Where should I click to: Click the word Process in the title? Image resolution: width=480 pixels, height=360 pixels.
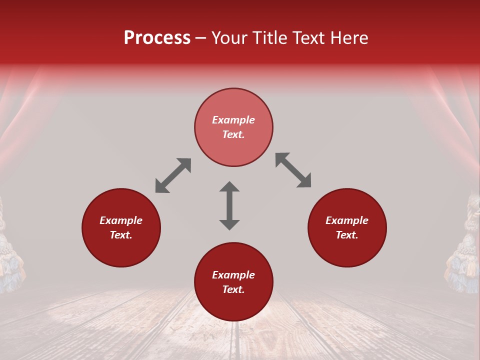[x=157, y=38]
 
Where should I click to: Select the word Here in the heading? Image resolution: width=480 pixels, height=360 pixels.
[x=348, y=38]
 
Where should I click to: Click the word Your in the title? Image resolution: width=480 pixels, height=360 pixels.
[x=231, y=38]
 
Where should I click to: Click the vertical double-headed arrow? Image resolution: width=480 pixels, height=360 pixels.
[x=229, y=205]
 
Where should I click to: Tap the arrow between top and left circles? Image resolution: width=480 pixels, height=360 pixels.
[x=173, y=175]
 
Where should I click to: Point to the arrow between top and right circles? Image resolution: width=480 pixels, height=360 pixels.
[x=293, y=170]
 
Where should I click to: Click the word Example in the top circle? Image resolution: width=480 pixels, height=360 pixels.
[x=233, y=120]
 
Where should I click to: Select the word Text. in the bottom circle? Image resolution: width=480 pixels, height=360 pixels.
[x=233, y=289]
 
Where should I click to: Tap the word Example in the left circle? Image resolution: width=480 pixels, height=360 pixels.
[x=121, y=220]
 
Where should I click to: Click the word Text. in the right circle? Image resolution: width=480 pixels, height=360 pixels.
[x=347, y=235]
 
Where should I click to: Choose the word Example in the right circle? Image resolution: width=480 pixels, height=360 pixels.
[x=347, y=220]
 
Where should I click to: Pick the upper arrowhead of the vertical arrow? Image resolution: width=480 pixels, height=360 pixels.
[x=229, y=187]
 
